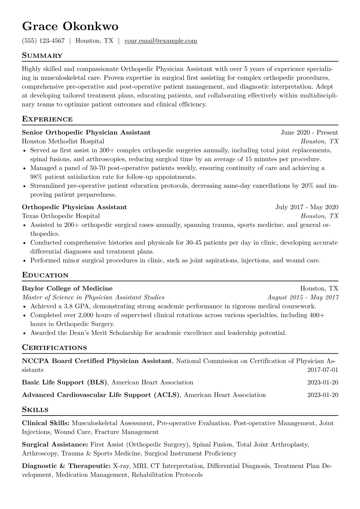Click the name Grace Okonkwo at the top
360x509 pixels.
tap(70, 27)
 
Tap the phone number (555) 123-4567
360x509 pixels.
tap(43, 41)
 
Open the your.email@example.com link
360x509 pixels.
tap(161, 41)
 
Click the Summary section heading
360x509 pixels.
tap(42, 56)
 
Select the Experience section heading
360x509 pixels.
tap(47, 119)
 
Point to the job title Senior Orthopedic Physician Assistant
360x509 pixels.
tap(86, 132)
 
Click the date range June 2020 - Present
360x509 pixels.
tap(309, 132)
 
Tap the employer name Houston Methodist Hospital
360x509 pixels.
tap(63, 141)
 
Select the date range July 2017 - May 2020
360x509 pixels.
tap(307, 207)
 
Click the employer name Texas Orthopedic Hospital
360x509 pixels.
tap(61, 216)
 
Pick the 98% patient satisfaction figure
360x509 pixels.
tap(36, 177)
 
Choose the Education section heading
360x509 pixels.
tap(45, 275)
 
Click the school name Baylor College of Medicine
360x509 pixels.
tap(67, 289)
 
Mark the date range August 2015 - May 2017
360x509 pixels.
tap(303, 297)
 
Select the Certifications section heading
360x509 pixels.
tap(54, 348)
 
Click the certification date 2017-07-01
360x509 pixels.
tap(322, 370)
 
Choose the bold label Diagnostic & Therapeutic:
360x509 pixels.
tap(66, 466)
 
